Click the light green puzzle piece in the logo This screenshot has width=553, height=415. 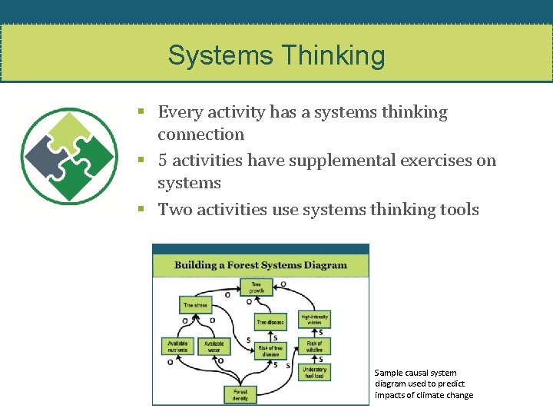(x=69, y=131)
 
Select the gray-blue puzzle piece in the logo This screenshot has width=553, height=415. (x=45, y=155)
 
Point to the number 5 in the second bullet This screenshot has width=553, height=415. (x=163, y=161)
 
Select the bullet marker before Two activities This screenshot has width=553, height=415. (x=141, y=209)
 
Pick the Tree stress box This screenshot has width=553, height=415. (x=195, y=305)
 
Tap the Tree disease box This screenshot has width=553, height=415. (x=270, y=323)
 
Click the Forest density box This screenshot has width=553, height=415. (x=240, y=394)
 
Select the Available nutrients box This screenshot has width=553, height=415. (x=177, y=347)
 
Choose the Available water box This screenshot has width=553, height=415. (x=214, y=347)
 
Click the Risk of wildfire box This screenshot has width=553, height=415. (x=315, y=347)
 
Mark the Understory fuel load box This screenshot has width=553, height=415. (x=315, y=372)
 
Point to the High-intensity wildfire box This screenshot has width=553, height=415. (x=315, y=319)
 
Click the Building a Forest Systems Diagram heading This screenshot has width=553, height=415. (x=260, y=265)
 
